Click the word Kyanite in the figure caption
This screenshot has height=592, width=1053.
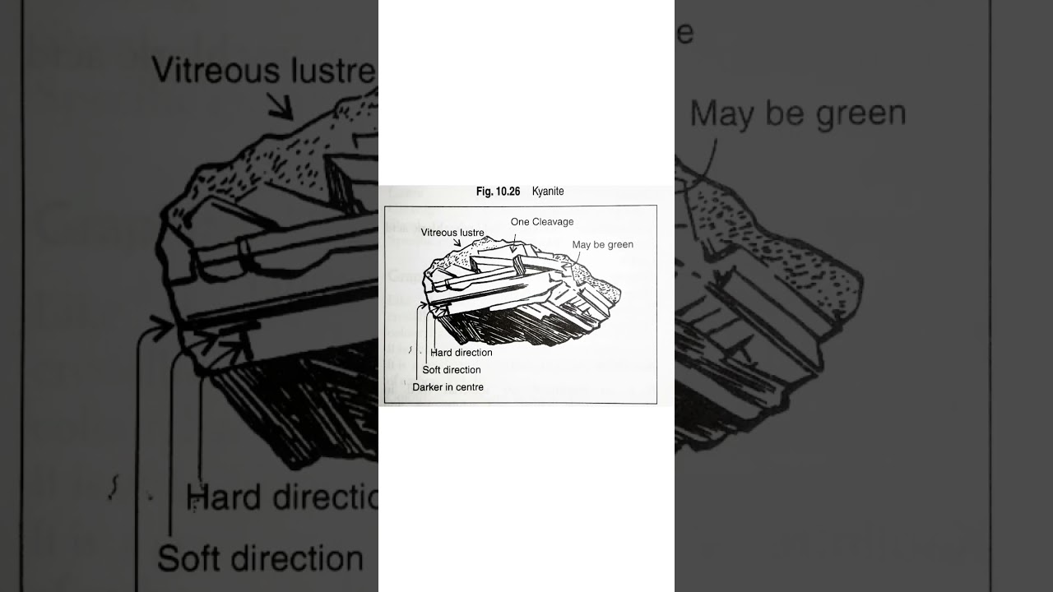548,192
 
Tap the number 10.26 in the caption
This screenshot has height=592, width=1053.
508,192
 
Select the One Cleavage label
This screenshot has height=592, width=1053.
542,222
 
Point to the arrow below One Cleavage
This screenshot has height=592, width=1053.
513,241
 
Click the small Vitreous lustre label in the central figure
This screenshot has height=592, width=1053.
452,233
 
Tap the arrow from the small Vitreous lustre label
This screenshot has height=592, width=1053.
455,243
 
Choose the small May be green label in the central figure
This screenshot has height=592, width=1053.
603,244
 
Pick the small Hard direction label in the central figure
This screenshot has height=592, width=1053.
462,353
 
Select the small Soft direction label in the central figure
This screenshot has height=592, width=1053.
452,370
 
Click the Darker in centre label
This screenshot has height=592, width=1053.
448,387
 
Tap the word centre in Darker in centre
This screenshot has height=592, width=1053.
470,387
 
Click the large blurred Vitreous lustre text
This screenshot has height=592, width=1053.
263,72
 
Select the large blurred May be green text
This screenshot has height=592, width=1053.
797,113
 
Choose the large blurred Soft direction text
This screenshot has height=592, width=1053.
260,558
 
